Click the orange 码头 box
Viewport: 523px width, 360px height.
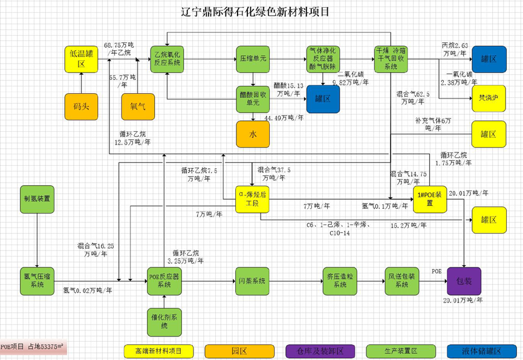tap(82, 106)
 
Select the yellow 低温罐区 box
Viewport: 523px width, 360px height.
tap(82, 59)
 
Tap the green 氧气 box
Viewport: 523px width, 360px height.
tap(138, 106)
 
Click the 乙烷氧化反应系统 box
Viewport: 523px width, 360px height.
tap(167, 59)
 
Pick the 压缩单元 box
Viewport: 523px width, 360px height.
tap(252, 59)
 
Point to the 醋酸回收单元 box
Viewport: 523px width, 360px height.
tap(252, 99)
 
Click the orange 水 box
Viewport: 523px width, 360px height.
tap(252, 134)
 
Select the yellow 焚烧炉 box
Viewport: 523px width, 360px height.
tap(489, 99)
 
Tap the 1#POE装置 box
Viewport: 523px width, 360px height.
tap(430, 200)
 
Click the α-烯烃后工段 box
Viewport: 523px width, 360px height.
tap(252, 200)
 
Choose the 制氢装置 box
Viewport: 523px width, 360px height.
tap(37, 198)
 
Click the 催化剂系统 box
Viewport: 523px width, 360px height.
tap(164, 321)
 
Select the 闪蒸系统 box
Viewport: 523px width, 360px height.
tap(252, 281)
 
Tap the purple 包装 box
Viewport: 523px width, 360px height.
tap(464, 281)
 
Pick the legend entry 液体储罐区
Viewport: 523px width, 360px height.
tap(481, 351)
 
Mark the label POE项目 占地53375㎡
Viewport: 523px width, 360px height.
tap(33, 347)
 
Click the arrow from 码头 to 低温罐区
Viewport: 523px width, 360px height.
tap(82, 83)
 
